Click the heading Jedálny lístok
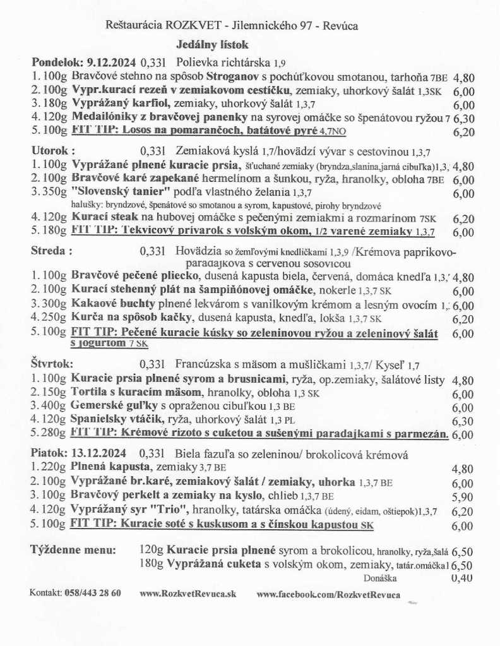click(212, 45)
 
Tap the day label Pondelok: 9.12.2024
click(83, 63)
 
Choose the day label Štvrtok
click(52, 364)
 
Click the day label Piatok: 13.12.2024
click(79, 453)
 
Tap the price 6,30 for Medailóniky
click(463, 118)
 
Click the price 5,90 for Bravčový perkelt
click(463, 496)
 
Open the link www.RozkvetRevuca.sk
click(187, 594)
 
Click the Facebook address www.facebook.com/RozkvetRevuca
click(328, 594)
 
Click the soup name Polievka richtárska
click(225, 63)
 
